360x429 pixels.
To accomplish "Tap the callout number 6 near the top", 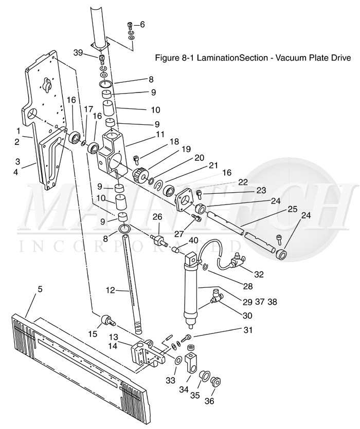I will coord(142,25).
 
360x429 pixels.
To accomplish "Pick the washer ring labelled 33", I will coord(176,360).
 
